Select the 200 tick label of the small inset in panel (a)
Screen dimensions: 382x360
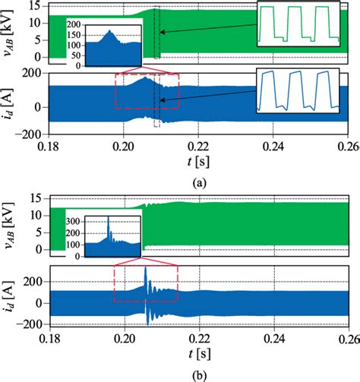tap(74, 27)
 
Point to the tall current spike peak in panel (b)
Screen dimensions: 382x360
tap(145, 268)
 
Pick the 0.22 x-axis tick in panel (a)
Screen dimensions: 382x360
tap(197, 144)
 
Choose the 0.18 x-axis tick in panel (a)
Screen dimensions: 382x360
tap(47, 144)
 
